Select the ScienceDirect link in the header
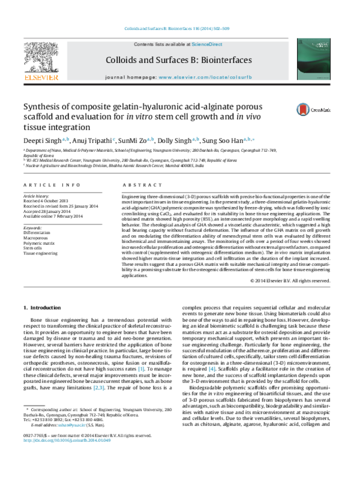click(x=207, y=44)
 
